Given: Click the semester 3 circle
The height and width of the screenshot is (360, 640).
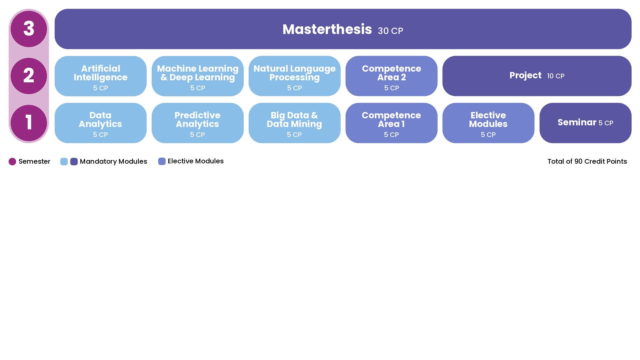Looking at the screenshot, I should pos(29,29).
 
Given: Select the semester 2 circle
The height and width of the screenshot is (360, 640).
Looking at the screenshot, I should pos(29,76).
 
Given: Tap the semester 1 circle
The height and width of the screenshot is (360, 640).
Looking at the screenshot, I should pos(29,123).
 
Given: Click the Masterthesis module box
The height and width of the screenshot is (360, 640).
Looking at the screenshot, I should pos(343,29).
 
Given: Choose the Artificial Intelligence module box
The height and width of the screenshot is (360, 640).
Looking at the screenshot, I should pos(100,76).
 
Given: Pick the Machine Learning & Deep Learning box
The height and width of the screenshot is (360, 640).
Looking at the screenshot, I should pos(197,76).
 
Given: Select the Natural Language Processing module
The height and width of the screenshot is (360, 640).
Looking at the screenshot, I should pos(294,76).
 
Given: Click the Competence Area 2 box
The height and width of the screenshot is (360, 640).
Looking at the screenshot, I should pos(391,76).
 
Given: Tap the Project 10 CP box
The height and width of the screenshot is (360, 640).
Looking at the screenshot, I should pos(537,76).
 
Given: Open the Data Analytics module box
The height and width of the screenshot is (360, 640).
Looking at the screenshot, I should pos(100,123).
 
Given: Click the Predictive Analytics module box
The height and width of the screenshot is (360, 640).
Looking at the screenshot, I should pos(197,123).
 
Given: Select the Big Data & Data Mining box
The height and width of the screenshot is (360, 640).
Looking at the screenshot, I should pos(294,123).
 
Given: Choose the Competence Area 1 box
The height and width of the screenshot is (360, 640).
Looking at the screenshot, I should pos(391,123).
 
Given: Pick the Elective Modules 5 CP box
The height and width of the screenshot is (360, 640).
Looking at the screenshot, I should pos(488,123).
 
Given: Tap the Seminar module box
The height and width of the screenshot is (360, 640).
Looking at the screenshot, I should pos(585,123).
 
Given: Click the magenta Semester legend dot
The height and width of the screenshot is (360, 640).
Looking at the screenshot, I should pos(12,162).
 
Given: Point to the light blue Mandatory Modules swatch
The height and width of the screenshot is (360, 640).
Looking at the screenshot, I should pos(64,162).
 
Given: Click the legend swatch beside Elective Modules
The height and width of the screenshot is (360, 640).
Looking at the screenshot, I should pos(162,161).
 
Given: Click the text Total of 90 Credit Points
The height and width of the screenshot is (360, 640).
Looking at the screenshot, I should pos(587,161).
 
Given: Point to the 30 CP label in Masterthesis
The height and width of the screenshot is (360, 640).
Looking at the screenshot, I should pos(390,31).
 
